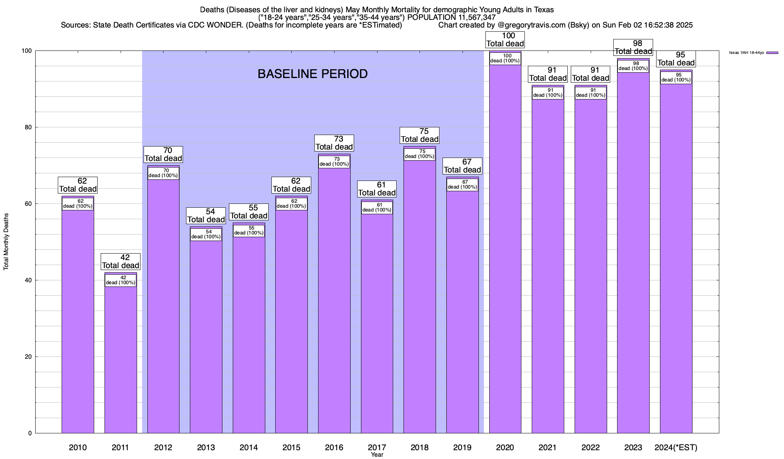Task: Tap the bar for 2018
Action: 420,298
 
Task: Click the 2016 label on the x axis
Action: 334,447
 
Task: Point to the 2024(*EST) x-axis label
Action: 676,447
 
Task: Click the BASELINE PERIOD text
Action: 312,74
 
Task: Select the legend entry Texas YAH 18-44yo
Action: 753,53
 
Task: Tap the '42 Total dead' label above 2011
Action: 121,262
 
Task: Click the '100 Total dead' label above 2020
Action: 505,40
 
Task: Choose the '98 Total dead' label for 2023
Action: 633,47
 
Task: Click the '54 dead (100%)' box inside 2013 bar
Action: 206,234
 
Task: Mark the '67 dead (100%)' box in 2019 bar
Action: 462,185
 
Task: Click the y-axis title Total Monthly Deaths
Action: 6,242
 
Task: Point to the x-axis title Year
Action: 377,455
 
